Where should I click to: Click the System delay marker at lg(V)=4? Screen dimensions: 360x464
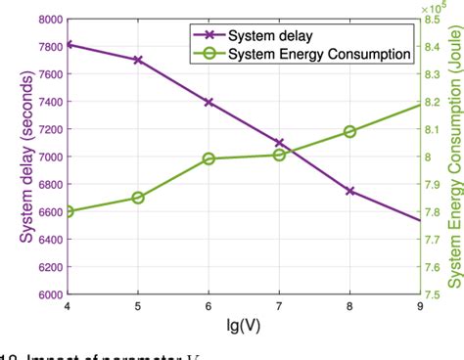[x=67, y=44]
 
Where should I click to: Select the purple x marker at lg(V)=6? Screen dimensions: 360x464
[x=209, y=102]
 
